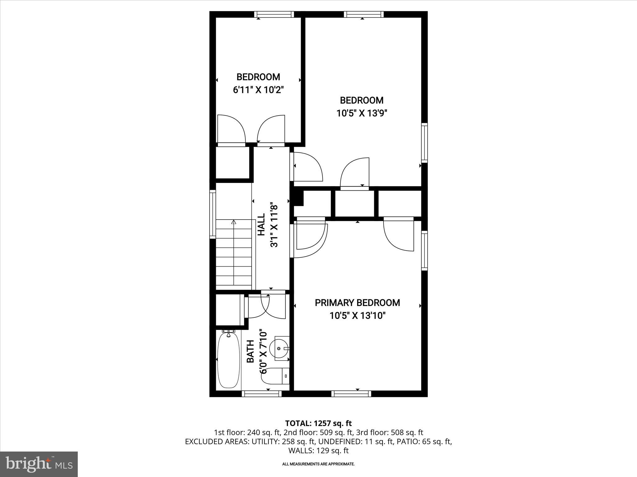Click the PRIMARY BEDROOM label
click(x=357, y=303)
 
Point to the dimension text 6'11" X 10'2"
click(x=258, y=90)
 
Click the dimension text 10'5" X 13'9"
click(x=361, y=113)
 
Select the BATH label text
click(x=250, y=351)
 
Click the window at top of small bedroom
click(x=274, y=14)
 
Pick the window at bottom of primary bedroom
click(x=351, y=394)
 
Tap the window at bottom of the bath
click(x=262, y=394)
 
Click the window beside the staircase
click(x=212, y=214)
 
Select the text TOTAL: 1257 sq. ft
click(x=318, y=423)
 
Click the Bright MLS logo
click(x=39, y=464)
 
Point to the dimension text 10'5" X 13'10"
click(x=357, y=316)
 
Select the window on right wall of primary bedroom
click(x=424, y=250)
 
